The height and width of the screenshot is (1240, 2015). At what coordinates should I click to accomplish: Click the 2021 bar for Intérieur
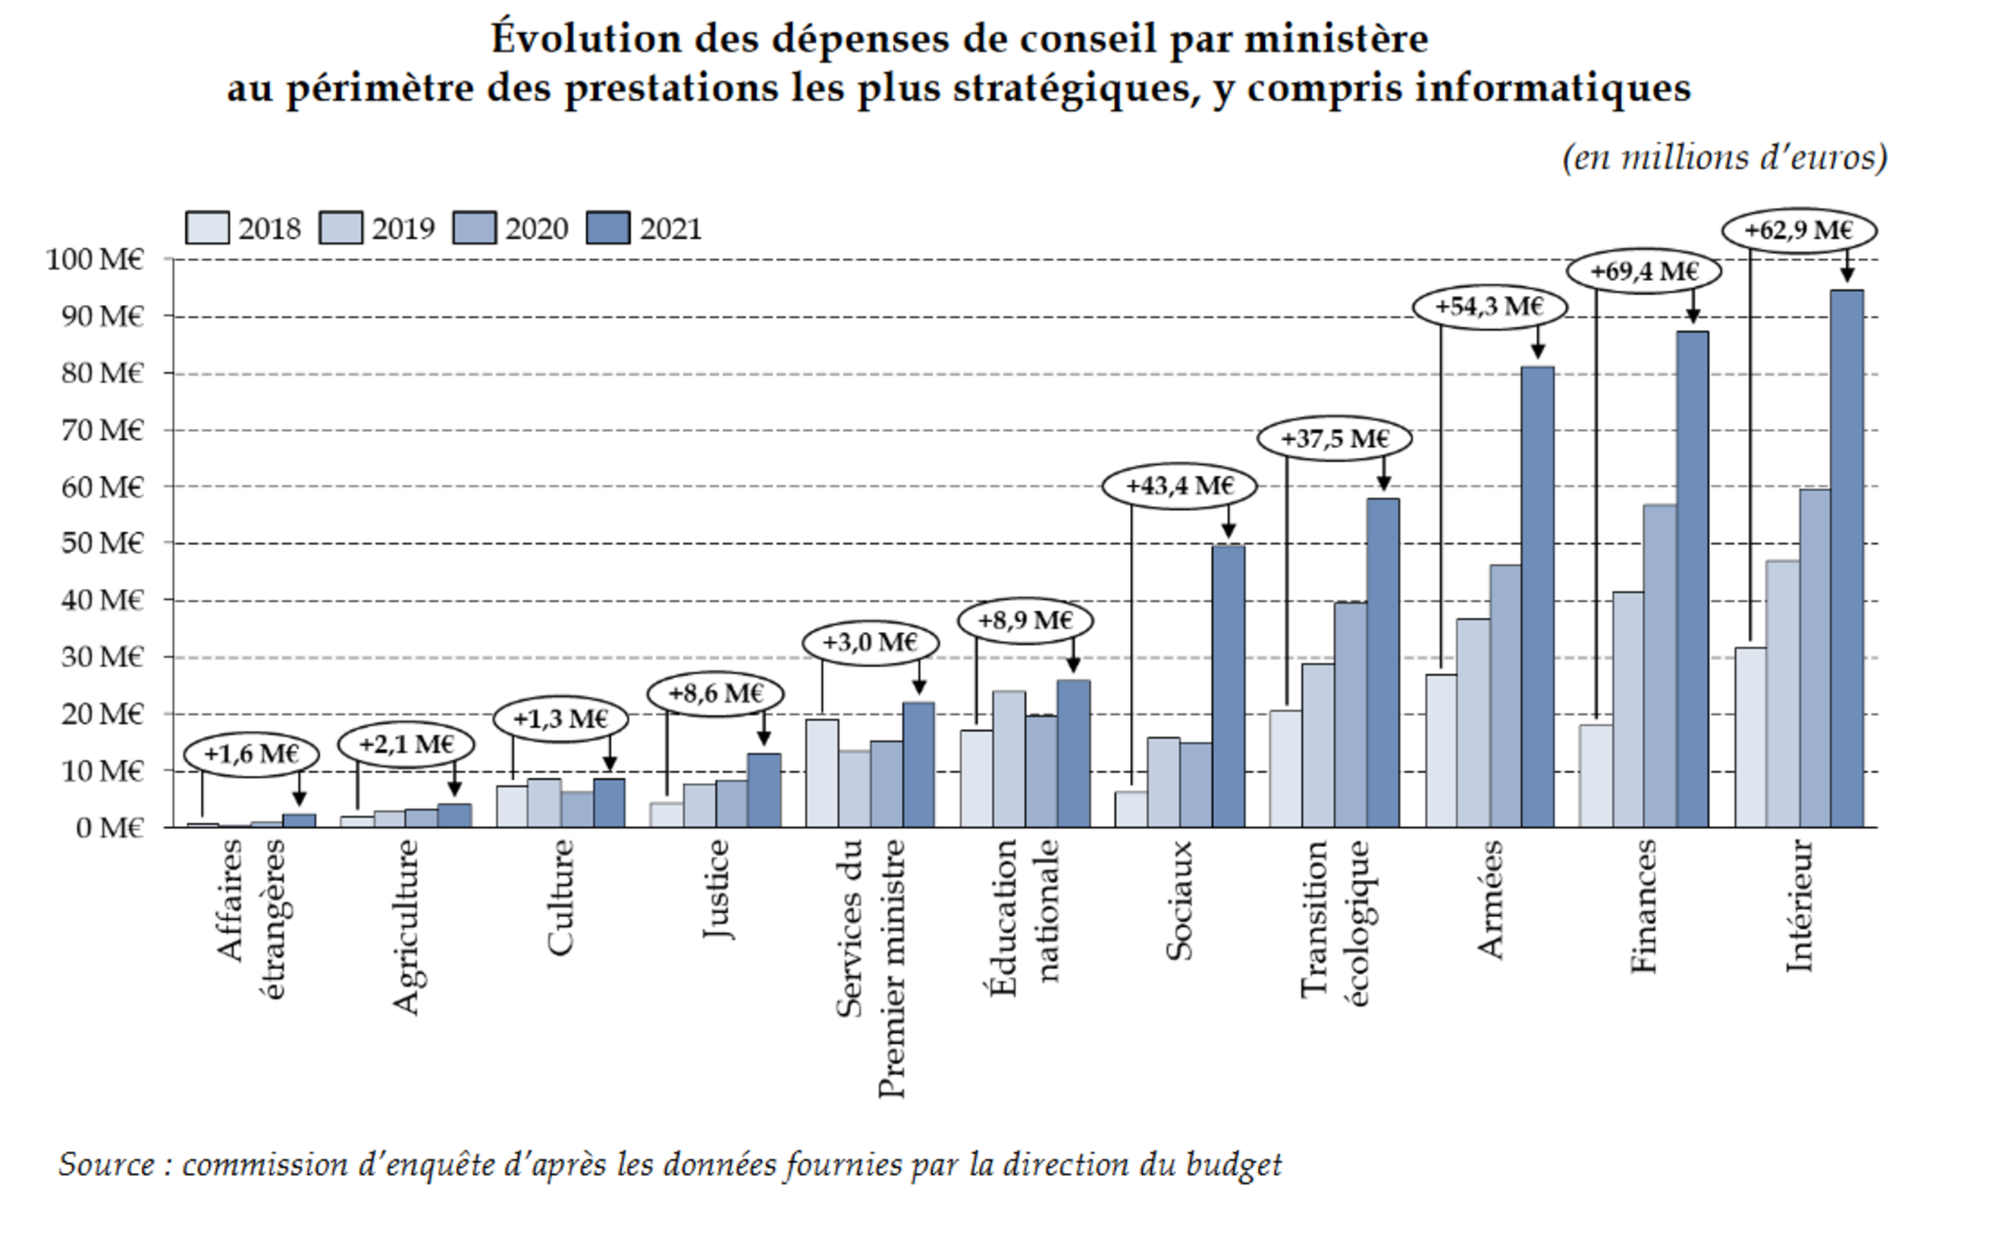[x=1846, y=559]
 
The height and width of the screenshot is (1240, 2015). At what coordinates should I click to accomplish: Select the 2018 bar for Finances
[x=1596, y=776]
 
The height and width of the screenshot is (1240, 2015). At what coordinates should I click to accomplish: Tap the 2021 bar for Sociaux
[x=1228, y=687]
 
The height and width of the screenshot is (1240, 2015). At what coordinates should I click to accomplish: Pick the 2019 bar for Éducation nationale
[x=1008, y=759]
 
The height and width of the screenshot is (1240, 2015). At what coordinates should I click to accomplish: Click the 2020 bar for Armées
[x=1505, y=696]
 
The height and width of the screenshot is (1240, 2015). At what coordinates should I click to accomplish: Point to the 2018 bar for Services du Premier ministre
[x=822, y=773]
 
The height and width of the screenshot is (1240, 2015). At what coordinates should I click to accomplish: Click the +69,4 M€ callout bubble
[x=1644, y=271]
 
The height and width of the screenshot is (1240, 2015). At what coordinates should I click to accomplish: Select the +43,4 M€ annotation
[x=1179, y=485]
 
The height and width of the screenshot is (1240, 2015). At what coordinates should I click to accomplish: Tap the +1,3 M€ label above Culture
[x=561, y=719]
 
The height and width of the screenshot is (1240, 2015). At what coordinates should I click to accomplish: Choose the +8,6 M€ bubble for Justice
[x=715, y=693]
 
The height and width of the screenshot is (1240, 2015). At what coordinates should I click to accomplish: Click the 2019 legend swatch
[x=341, y=228]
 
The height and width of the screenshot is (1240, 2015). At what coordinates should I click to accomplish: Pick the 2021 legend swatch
[x=608, y=228]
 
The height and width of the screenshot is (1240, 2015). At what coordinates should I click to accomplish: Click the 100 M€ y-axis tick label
[x=94, y=259]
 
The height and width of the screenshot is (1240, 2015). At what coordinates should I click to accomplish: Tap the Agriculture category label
[x=405, y=927]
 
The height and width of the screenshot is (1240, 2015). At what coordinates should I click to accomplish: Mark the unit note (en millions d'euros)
[x=1725, y=158]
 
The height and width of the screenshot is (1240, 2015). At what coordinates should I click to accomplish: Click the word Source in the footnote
[x=107, y=1165]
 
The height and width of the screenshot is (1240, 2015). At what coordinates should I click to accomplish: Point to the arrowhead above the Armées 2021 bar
[x=1538, y=352]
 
